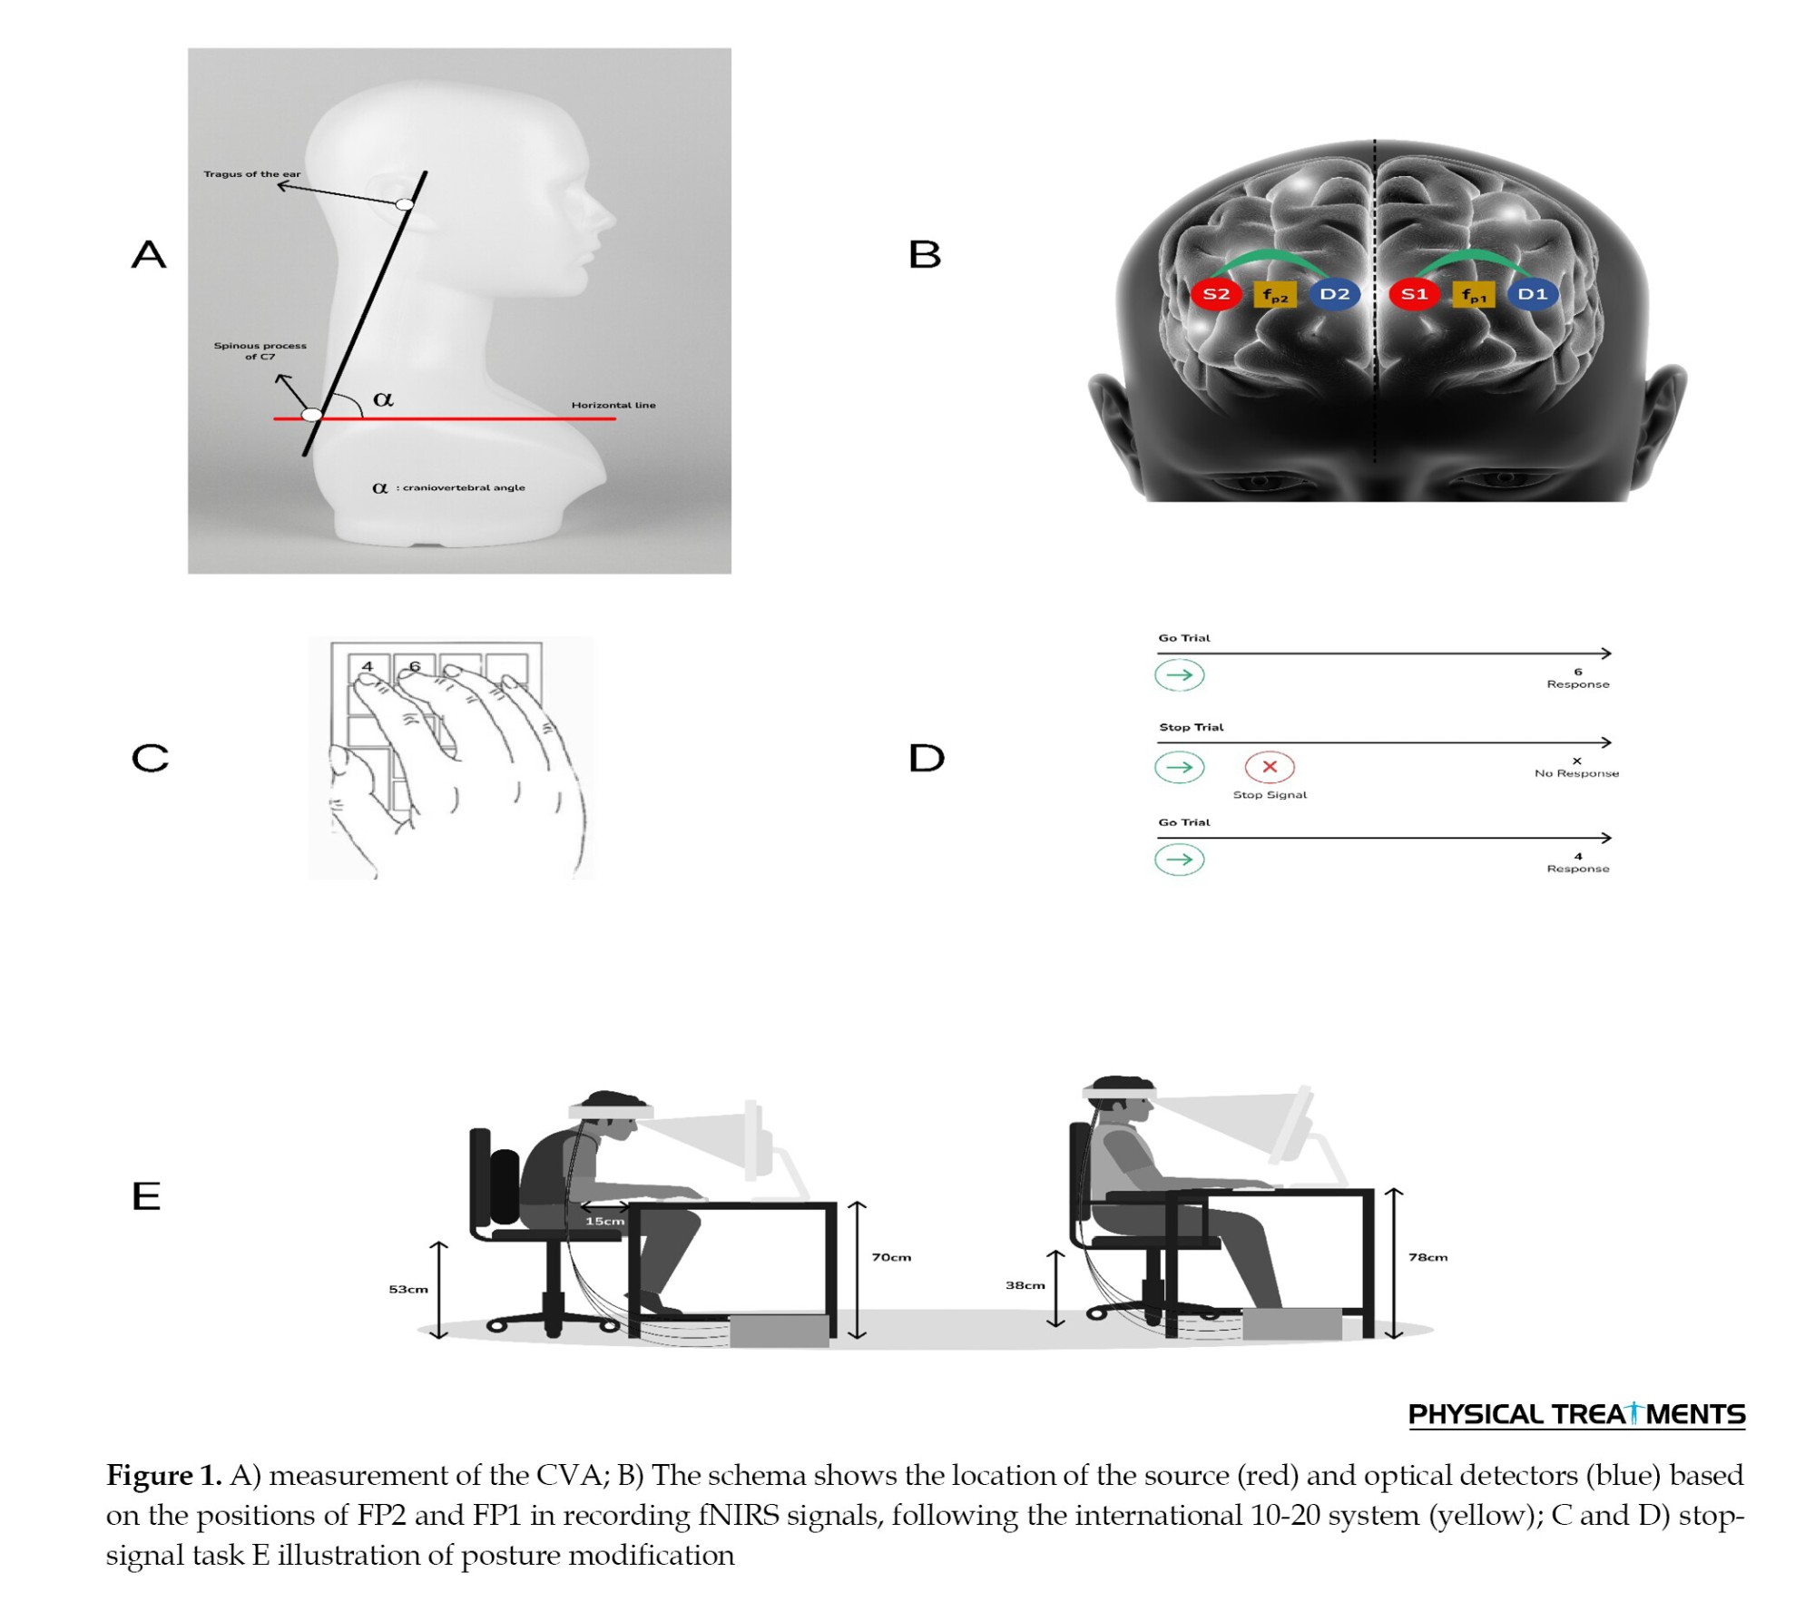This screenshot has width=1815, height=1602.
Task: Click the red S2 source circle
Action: (1216, 294)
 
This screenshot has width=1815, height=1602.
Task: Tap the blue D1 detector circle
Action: (1533, 294)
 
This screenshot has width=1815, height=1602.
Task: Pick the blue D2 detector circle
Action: (1335, 294)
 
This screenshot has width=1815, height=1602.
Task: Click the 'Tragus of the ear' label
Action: (252, 174)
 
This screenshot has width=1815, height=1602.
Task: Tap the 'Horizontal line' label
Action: (613, 405)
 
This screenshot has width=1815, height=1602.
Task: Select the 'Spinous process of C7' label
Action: (260, 351)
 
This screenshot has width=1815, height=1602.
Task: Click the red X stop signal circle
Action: (1270, 767)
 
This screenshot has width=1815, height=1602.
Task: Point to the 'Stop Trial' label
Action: (1192, 727)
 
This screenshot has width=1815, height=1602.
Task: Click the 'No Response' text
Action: (1577, 773)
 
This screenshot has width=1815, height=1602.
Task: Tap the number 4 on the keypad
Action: (368, 666)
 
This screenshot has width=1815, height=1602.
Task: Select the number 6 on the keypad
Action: (415, 666)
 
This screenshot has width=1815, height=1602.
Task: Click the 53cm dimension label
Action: (408, 1289)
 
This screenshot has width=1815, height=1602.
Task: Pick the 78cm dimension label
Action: (1428, 1257)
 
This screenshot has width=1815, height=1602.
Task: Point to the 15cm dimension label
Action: (605, 1221)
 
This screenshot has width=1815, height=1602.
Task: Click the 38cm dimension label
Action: (1025, 1285)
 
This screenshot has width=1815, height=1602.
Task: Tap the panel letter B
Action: (925, 254)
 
